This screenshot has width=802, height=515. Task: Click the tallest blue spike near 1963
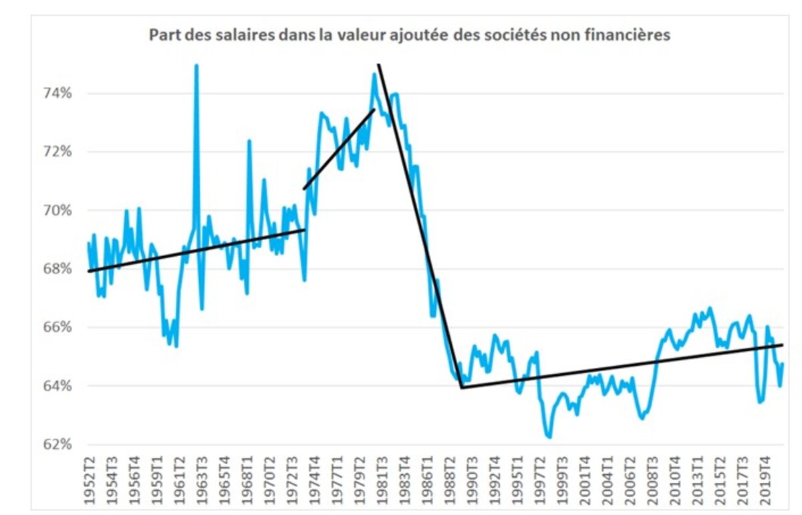[196, 66]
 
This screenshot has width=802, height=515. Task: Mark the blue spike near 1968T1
[249, 141]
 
